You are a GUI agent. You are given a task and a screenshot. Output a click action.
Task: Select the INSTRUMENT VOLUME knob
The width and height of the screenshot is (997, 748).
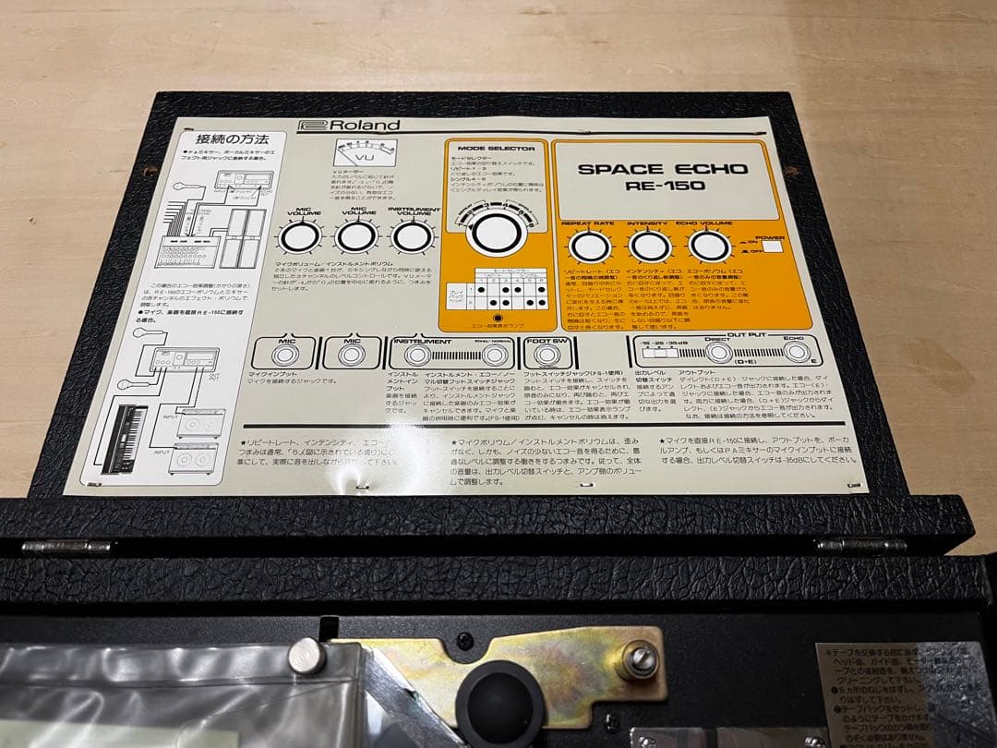pyautogui.click(x=413, y=237)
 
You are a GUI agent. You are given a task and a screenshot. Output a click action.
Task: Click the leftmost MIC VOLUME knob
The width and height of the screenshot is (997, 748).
pyautogui.click(x=298, y=238)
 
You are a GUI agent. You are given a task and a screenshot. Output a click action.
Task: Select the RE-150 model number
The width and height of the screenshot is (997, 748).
pyautogui.click(x=651, y=186)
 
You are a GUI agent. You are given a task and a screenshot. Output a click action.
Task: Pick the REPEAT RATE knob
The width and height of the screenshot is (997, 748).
pyautogui.click(x=585, y=247)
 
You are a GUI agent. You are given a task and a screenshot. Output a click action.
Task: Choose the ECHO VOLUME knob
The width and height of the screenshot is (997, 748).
pyautogui.click(x=706, y=247)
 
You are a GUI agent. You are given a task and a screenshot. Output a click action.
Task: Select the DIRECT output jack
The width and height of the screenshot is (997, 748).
pyautogui.click(x=719, y=353)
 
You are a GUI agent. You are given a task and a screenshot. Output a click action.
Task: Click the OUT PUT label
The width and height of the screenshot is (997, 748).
pyautogui.click(x=747, y=336)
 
